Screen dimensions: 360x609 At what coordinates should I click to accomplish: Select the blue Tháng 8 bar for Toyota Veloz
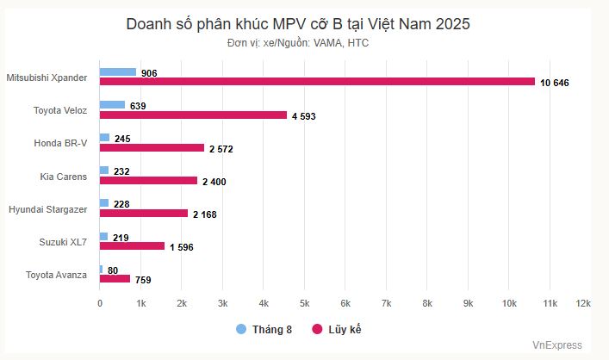click(x=112, y=105)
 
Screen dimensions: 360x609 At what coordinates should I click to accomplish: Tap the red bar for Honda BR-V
click(x=152, y=147)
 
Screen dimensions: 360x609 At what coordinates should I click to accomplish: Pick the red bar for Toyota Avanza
click(x=115, y=278)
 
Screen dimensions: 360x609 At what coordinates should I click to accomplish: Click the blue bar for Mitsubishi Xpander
click(x=118, y=72)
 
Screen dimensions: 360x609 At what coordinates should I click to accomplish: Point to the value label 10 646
click(x=555, y=83)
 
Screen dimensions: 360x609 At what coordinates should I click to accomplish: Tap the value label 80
click(x=113, y=269)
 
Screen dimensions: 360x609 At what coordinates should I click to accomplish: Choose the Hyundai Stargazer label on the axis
click(x=47, y=209)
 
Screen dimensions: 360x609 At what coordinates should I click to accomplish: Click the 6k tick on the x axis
click(x=345, y=304)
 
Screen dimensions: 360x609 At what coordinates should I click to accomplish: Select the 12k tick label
click(x=583, y=304)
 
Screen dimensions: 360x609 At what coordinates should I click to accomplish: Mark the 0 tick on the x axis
click(x=100, y=304)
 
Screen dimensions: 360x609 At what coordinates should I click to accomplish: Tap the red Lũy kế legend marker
click(x=316, y=329)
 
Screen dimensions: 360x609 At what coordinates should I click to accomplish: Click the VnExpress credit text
click(x=556, y=345)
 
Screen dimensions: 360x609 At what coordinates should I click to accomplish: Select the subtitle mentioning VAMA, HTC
click(x=298, y=42)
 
